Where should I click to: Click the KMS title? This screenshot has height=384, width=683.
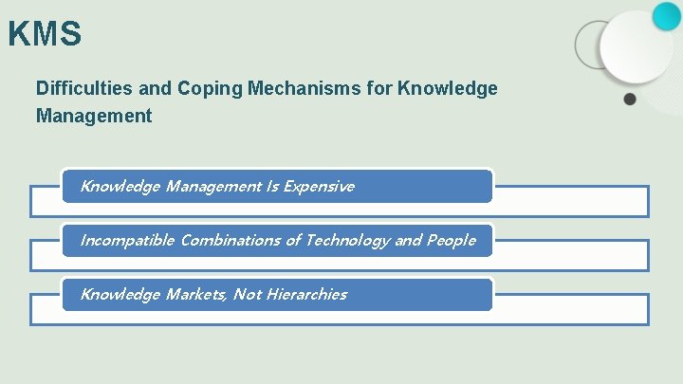coord(45,34)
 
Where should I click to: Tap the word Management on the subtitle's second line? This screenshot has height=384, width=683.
coord(94,117)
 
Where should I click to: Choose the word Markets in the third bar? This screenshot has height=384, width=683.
coord(196,295)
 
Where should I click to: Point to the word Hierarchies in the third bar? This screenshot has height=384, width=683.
coord(306,295)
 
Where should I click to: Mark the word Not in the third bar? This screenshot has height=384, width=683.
coord(247,295)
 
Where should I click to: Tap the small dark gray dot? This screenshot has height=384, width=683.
coord(630,98)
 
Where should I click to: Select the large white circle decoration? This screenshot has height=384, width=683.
coord(636,47)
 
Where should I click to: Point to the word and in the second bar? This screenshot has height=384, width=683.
coord(408,241)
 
